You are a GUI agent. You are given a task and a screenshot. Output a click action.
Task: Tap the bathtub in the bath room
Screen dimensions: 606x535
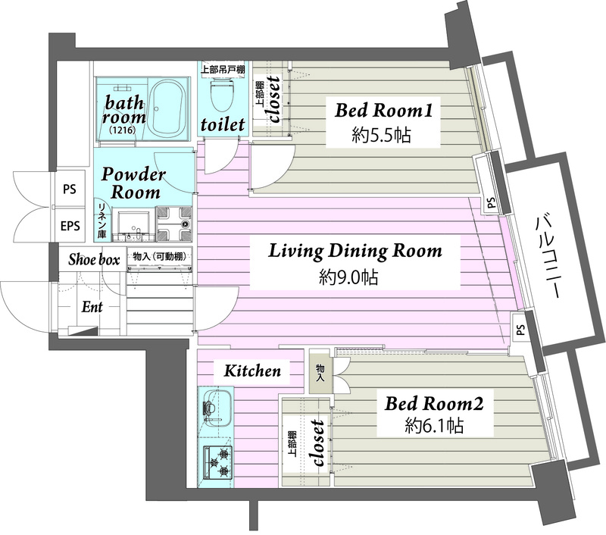pos(167,108)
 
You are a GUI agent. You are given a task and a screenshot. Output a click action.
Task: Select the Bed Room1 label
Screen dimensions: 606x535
pos(383,110)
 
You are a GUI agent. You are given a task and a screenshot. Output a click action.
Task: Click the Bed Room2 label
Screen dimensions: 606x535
pos(433,404)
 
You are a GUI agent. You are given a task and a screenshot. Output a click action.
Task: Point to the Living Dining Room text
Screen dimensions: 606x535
pos(355,251)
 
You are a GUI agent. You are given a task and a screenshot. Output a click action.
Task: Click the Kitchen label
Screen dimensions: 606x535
pos(252,371)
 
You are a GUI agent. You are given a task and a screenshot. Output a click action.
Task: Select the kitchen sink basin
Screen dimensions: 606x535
pos(217,406)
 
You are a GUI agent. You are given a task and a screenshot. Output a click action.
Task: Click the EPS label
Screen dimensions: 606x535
pos(70,226)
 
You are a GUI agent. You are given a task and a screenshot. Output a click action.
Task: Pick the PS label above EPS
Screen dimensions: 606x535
pos(70,189)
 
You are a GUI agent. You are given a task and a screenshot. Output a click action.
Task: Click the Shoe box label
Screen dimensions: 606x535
pos(94,259)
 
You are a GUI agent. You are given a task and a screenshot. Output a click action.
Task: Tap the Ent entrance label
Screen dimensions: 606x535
pos(92,308)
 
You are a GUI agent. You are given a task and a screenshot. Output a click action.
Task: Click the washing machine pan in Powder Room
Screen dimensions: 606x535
pos(173,224)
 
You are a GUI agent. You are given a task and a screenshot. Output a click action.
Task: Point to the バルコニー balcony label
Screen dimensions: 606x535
pos(546,258)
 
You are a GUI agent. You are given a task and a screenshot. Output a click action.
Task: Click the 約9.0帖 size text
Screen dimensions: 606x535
pos(348,277)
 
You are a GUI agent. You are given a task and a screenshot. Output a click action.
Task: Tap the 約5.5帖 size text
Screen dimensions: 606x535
pos(381,136)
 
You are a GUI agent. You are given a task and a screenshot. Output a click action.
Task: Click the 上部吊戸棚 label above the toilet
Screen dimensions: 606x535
pos(223,70)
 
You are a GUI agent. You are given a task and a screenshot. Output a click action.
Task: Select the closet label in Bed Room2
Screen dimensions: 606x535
pos(317,443)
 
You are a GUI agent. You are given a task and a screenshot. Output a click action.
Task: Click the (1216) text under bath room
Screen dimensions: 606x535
pos(122,130)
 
